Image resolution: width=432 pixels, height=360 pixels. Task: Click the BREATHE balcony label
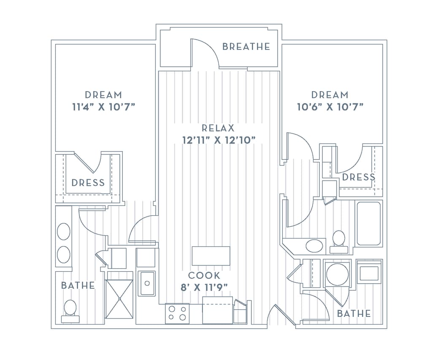tap(246, 46)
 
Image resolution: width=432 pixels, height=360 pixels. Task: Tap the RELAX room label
tap(218, 128)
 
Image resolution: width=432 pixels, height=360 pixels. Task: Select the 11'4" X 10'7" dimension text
tap(103, 107)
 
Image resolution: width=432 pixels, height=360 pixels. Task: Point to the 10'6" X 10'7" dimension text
tap(330, 107)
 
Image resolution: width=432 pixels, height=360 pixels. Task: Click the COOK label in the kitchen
tap(204, 276)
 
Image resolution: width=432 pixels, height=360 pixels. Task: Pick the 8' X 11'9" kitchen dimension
tap(204, 287)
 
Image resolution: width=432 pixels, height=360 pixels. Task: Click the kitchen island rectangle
tap(211, 256)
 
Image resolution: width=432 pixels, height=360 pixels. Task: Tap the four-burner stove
tap(177, 314)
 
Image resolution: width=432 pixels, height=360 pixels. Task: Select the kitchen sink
tap(147, 283)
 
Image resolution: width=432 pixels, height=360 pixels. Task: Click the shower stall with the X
tap(119, 299)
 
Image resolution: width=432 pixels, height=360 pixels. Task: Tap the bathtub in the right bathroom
tap(369, 224)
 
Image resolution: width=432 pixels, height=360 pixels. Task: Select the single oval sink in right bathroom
tap(314, 246)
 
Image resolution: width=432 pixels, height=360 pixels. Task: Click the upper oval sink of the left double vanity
tap(64, 232)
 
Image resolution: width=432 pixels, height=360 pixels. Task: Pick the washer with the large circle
tap(337, 274)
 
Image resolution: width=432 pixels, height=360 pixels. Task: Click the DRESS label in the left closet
tap(88, 183)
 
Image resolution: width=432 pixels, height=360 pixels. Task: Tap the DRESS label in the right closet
tap(358, 177)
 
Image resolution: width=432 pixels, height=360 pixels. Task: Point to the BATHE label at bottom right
tap(354, 314)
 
